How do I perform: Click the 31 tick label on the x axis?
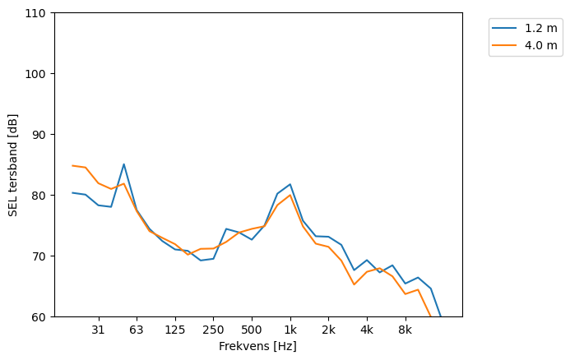point(98,330)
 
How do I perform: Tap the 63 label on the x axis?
point(137,330)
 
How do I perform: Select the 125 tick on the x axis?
point(174,330)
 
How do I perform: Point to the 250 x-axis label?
point(213,330)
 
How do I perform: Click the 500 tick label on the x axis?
point(252,330)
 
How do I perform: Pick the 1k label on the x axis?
point(290,330)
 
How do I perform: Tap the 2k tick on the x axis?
point(328,330)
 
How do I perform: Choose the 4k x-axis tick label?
point(367,330)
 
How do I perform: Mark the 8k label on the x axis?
point(405,330)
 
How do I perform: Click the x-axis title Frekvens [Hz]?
point(257,347)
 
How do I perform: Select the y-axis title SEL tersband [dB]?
point(13,164)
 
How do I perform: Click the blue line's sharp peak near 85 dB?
point(123,164)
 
